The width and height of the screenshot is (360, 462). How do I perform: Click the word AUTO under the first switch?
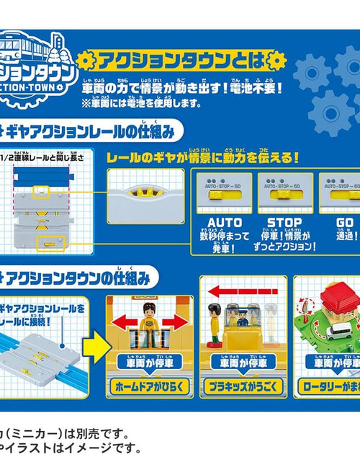[x=224, y=223]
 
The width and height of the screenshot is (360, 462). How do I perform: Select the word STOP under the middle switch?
[x=284, y=223]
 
